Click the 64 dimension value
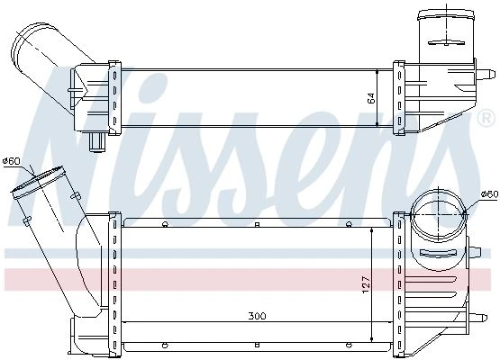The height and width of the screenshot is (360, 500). pyautogui.click(x=371, y=98)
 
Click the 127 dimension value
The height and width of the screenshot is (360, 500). pyautogui.click(x=366, y=284)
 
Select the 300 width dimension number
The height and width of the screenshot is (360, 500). pyautogui.click(x=257, y=316)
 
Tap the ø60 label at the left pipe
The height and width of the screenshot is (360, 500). pyautogui.click(x=11, y=161)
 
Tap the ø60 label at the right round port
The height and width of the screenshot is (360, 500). pyautogui.click(x=489, y=193)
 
